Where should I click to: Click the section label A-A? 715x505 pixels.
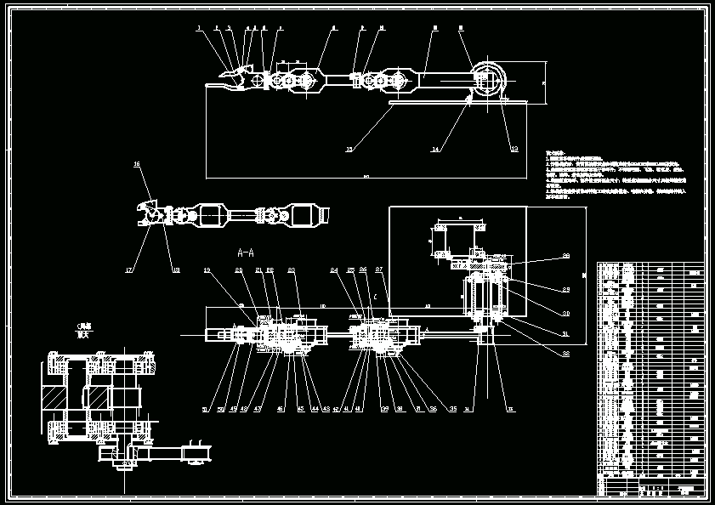(x=247, y=252)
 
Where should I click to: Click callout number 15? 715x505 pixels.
(x=349, y=149)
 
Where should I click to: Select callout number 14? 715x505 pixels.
(x=435, y=149)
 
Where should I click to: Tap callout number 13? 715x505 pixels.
(x=514, y=149)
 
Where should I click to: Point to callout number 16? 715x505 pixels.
(x=137, y=163)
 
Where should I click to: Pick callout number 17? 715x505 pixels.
(x=129, y=270)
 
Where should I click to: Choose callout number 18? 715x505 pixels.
(x=176, y=270)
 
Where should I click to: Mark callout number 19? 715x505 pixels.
(x=207, y=270)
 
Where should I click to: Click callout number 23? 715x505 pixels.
(x=291, y=270)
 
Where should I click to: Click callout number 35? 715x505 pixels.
(x=453, y=409)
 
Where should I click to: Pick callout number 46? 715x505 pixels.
(x=281, y=409)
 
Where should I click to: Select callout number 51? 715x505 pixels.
(x=205, y=409)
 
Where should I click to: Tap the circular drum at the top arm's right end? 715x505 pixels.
(x=487, y=82)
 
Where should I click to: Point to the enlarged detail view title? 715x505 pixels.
(x=83, y=330)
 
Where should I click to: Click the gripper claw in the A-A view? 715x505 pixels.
(x=150, y=214)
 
